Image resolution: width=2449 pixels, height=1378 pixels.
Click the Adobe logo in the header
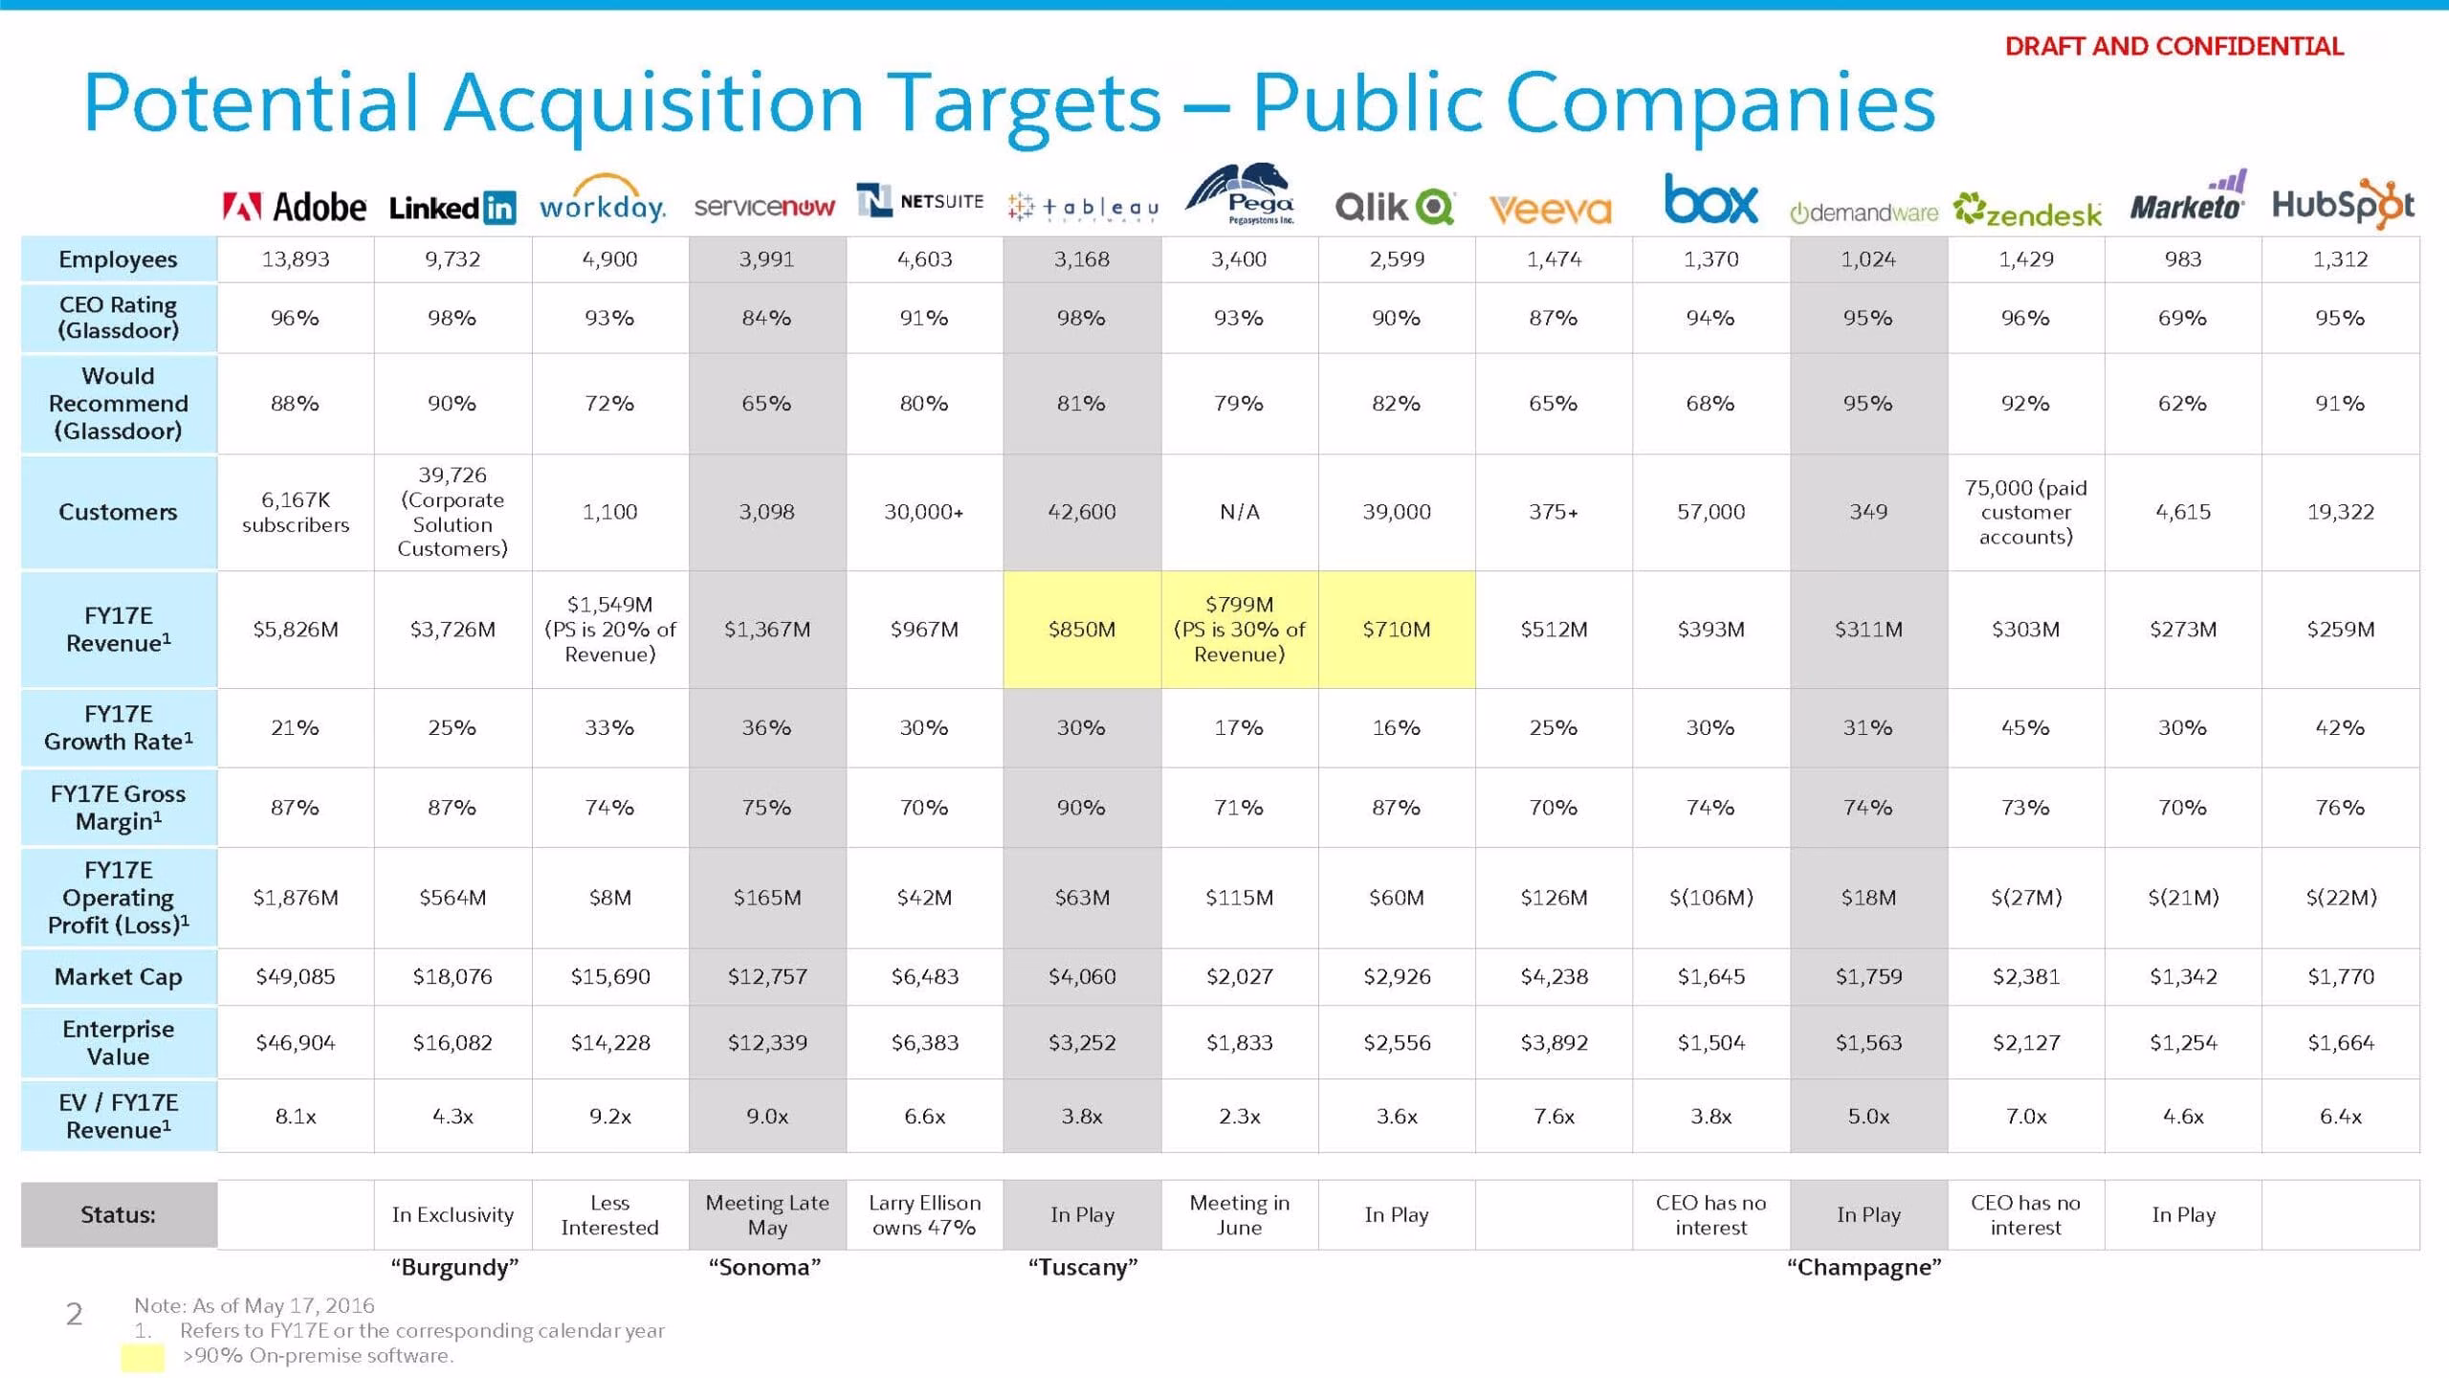click(x=294, y=207)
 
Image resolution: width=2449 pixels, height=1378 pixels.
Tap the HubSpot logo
click(x=2343, y=203)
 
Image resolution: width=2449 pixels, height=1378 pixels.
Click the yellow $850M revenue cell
click(x=1082, y=630)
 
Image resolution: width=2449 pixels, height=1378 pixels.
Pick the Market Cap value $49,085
click(x=296, y=976)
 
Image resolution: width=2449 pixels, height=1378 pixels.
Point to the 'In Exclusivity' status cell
click(x=452, y=1214)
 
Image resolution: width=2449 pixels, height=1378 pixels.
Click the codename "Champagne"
click(x=1864, y=1267)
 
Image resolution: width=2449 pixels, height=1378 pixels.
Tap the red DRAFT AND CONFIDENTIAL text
click(x=2173, y=46)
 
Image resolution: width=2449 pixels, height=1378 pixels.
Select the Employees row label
click(x=118, y=259)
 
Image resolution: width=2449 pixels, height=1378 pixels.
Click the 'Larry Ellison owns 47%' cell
click(x=925, y=1214)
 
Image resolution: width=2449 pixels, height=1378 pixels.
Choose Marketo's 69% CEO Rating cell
click(x=2182, y=318)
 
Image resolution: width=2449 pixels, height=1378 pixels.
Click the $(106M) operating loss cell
click(x=1710, y=898)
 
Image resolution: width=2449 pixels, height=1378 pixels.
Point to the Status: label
click(x=118, y=1214)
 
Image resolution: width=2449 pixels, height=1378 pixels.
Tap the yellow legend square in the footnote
click(x=143, y=1357)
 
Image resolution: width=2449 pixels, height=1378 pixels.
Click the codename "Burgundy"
click(x=454, y=1267)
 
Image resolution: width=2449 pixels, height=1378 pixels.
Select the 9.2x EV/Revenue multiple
click(x=610, y=1116)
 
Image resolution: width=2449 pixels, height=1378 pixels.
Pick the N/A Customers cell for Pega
click(x=1239, y=512)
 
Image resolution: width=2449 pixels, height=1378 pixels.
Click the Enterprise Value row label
click(x=118, y=1042)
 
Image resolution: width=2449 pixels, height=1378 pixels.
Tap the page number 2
click(x=74, y=1314)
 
